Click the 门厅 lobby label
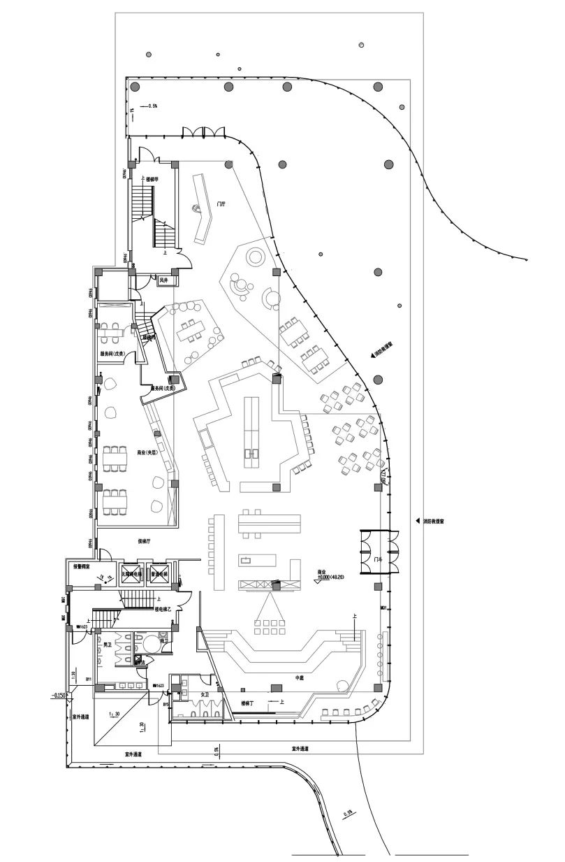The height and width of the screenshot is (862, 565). click(221, 204)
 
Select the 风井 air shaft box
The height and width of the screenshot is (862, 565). click(164, 280)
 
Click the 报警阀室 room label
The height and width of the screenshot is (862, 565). click(84, 566)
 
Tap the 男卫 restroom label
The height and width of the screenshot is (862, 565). click(108, 643)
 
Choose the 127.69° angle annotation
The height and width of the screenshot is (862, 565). click(383, 477)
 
